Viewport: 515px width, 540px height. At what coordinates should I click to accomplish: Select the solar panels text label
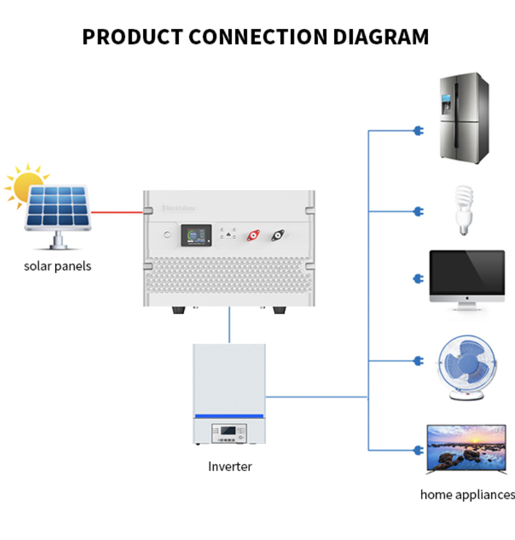[x=57, y=266]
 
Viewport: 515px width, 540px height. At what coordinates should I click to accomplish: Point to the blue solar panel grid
[x=58, y=207]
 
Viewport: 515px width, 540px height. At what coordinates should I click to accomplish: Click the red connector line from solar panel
[x=117, y=211]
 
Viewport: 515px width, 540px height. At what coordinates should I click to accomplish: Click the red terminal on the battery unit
[x=253, y=236]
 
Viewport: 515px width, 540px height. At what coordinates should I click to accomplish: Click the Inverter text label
[x=230, y=467]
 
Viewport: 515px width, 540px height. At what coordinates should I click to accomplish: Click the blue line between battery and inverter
[x=229, y=325]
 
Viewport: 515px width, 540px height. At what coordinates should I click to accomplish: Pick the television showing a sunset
[x=466, y=449]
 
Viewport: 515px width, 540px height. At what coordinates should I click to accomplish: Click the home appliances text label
[x=467, y=495]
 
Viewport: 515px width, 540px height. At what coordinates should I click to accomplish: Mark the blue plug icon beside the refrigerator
[x=418, y=131]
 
